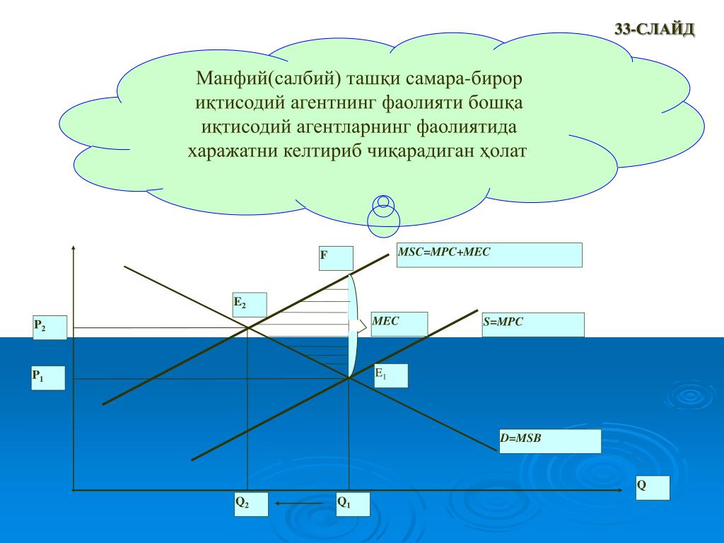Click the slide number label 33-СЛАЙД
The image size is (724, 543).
click(x=655, y=30)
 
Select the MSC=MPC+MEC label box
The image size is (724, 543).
click(x=489, y=255)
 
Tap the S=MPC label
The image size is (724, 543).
click(x=533, y=325)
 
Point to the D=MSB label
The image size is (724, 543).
click(x=549, y=441)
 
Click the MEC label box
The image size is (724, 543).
click(x=399, y=324)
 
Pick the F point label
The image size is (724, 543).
click(x=336, y=258)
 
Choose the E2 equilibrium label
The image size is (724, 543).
click(x=250, y=305)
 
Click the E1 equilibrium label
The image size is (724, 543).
click(x=391, y=375)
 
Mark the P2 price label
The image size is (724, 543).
click(x=49, y=327)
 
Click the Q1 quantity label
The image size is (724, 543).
click(x=353, y=505)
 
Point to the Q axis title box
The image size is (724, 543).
click(x=652, y=488)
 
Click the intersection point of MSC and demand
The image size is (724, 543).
click(x=247, y=327)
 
